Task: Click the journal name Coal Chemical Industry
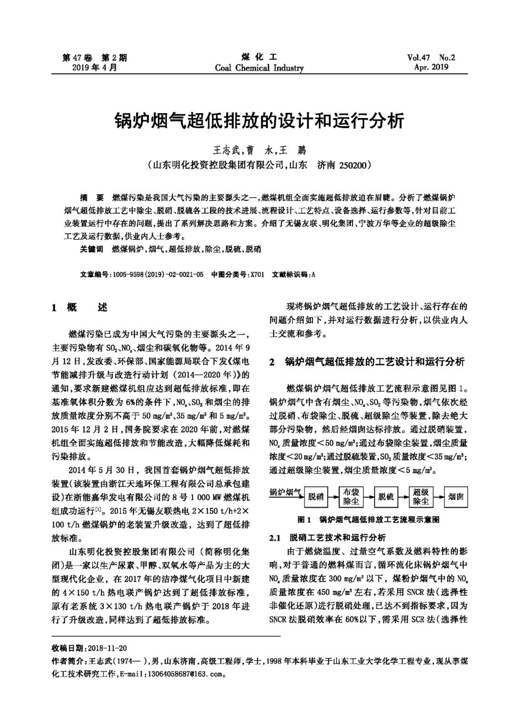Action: [x=259, y=68]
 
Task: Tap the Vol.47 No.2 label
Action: [x=431, y=58]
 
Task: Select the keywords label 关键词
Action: [x=92, y=249]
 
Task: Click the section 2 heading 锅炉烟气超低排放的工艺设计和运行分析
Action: [x=374, y=362]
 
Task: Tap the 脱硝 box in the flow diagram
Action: [x=316, y=497]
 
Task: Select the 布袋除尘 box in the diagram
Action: [x=351, y=497]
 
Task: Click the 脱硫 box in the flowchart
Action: [x=386, y=497]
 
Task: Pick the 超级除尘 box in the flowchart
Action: [x=421, y=497]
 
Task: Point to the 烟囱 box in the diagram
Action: [x=456, y=497]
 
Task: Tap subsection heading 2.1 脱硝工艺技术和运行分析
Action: [x=327, y=538]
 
